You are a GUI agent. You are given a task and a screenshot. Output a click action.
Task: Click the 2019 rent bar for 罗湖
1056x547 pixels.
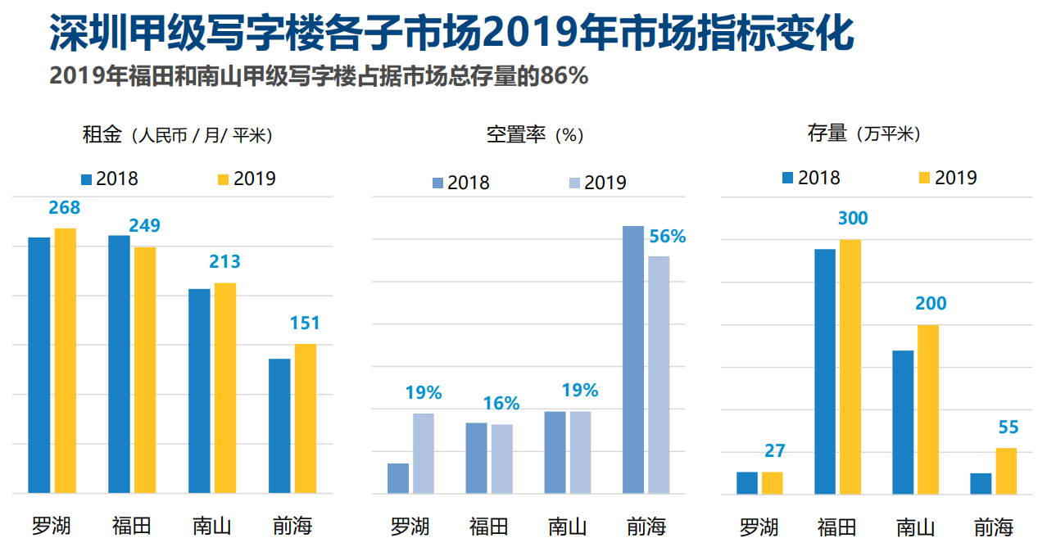[65, 360]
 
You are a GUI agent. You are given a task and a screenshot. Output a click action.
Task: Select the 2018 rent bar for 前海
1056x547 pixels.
[279, 426]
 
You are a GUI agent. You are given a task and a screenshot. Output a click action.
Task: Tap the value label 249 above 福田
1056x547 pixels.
[145, 225]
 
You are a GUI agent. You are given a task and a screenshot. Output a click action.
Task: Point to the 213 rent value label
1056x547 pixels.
[225, 262]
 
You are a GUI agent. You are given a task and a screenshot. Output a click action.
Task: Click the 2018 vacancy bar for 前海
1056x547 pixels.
[633, 359]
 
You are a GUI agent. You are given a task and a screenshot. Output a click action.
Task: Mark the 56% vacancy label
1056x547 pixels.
[667, 237]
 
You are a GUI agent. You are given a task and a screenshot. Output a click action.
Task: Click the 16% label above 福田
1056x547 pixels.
[501, 403]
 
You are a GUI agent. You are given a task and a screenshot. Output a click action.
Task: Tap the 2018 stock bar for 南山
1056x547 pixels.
[903, 422]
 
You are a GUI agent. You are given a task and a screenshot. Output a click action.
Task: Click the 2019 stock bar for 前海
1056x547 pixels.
[1006, 471]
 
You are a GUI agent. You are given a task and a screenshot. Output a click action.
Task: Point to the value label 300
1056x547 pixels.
[853, 219]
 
